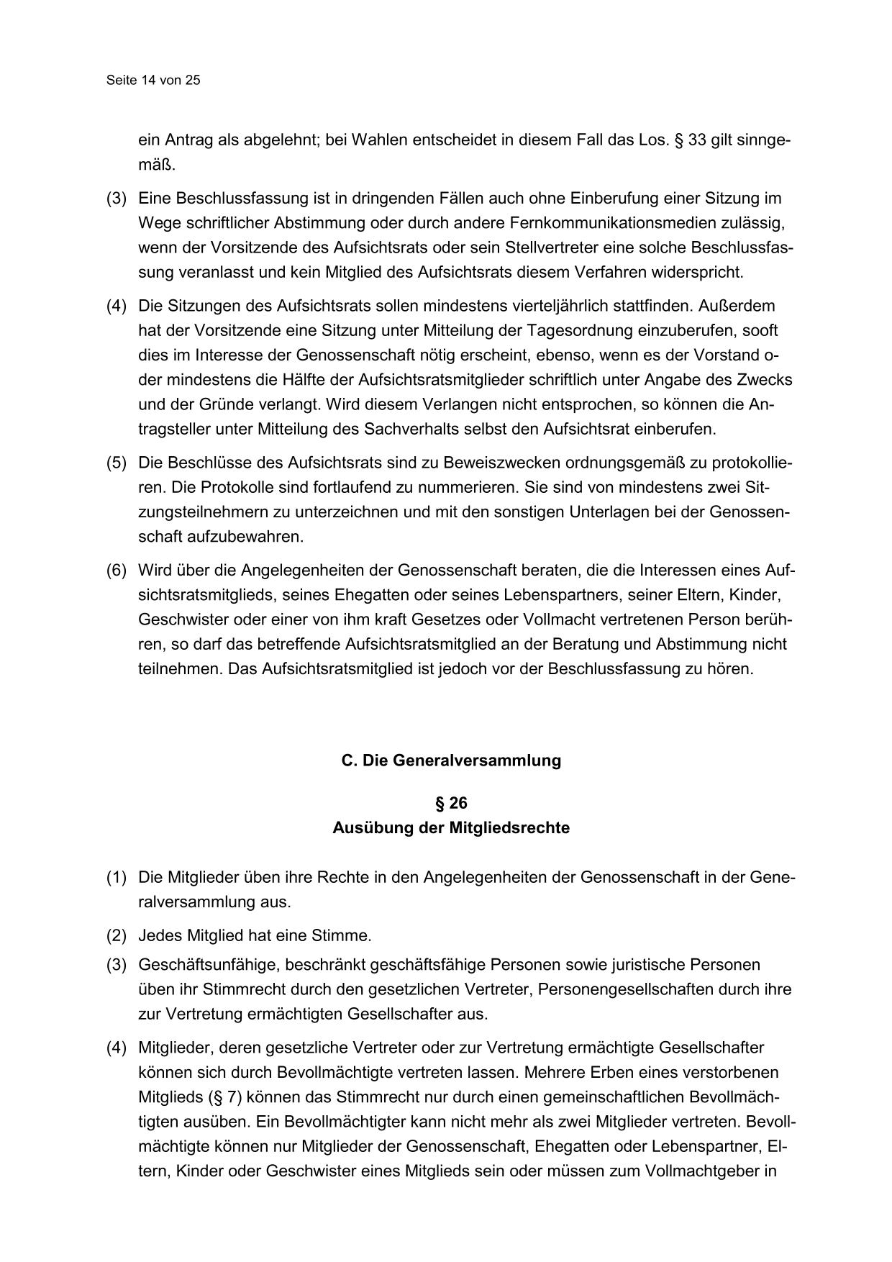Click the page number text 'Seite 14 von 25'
coord(153,81)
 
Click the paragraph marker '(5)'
coord(117,463)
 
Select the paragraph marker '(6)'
coord(117,571)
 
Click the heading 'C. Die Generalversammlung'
coord(451,761)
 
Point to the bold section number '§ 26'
coord(451,804)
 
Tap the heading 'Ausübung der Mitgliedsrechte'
coord(451,828)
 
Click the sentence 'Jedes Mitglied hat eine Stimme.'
coord(255,936)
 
